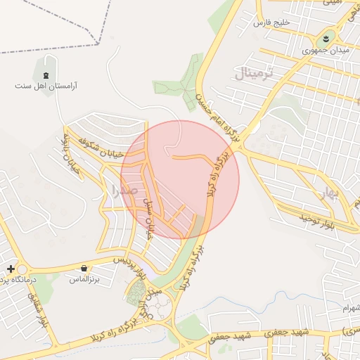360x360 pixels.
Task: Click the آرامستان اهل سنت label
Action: click(x=46, y=86)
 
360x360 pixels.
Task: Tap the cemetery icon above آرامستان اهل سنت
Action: click(x=46, y=75)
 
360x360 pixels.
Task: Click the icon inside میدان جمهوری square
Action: click(x=328, y=39)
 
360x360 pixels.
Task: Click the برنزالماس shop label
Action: click(x=84, y=279)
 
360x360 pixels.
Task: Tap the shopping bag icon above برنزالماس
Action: click(x=84, y=268)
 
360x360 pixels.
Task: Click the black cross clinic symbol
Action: click(x=11, y=269)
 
